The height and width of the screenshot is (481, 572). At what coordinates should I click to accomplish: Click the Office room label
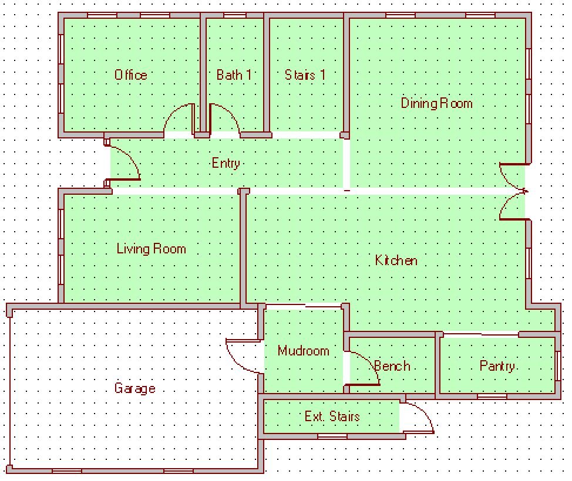tap(131, 75)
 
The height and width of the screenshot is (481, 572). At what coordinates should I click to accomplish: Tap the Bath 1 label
tap(234, 75)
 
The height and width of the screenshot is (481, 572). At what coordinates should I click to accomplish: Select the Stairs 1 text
tap(305, 75)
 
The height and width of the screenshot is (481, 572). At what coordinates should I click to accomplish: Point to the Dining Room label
tap(437, 103)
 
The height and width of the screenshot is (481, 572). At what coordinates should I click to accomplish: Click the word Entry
tap(226, 163)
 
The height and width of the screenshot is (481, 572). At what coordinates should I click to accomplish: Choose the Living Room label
tap(152, 249)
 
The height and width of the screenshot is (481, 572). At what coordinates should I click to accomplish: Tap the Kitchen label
tap(396, 260)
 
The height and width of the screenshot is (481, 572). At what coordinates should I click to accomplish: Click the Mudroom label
tap(304, 351)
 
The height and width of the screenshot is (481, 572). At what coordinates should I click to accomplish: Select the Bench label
tap(392, 366)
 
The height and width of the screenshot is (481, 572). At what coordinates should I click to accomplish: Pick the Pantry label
tap(497, 366)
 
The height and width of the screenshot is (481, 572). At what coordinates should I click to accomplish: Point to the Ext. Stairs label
tap(332, 416)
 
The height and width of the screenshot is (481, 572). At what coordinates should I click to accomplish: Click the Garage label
tap(135, 388)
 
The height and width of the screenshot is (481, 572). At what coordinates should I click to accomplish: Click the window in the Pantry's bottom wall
tap(492, 397)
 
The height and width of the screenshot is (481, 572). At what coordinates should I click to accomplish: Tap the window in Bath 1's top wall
tap(234, 15)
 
